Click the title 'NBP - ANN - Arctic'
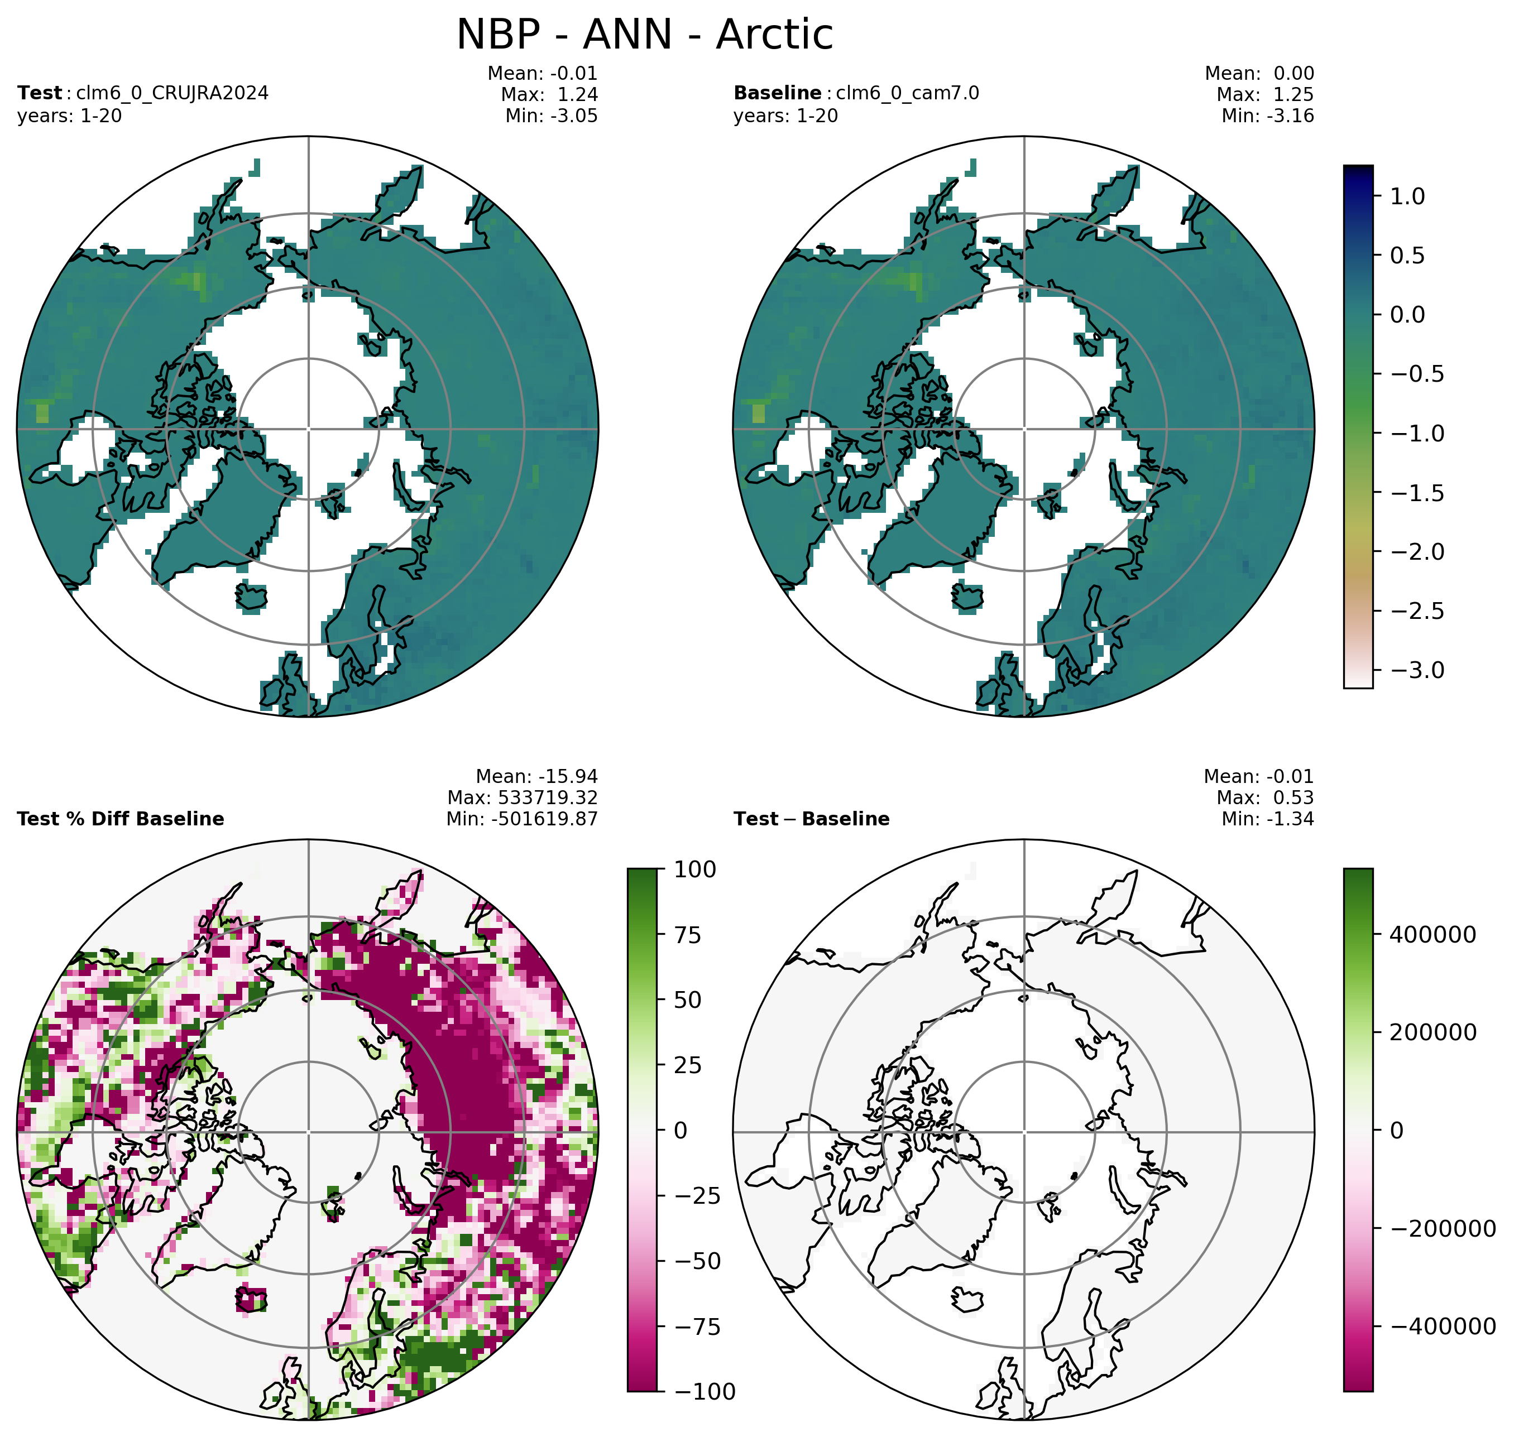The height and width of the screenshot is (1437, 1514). pos(644,35)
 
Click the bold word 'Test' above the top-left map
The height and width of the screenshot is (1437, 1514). pos(39,93)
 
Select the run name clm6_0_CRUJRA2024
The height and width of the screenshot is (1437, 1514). pos(173,93)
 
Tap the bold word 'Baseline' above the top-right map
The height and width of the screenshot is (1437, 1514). pos(777,93)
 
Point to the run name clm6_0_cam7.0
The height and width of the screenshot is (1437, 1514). pos(907,93)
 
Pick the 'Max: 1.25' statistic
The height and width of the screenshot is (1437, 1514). pos(1265,95)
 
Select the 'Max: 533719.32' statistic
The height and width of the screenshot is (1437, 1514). pos(523,798)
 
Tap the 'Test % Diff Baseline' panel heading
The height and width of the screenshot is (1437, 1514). pos(120,819)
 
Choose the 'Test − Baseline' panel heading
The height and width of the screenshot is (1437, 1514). pos(811,819)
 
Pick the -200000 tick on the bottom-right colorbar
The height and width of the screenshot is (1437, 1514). pos(1443,1229)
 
